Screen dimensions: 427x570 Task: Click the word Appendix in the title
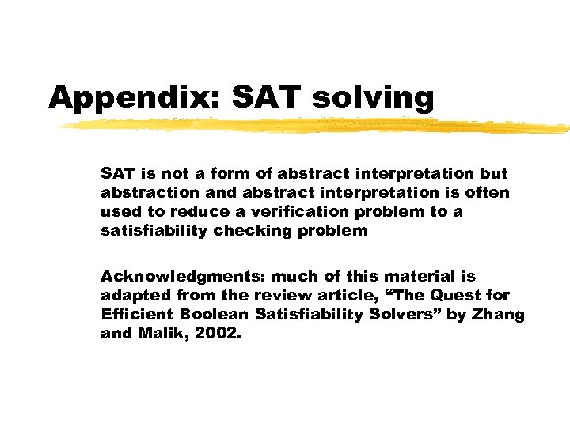point(135,98)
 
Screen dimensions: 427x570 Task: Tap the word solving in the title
point(373,98)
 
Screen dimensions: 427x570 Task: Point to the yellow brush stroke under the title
point(317,126)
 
